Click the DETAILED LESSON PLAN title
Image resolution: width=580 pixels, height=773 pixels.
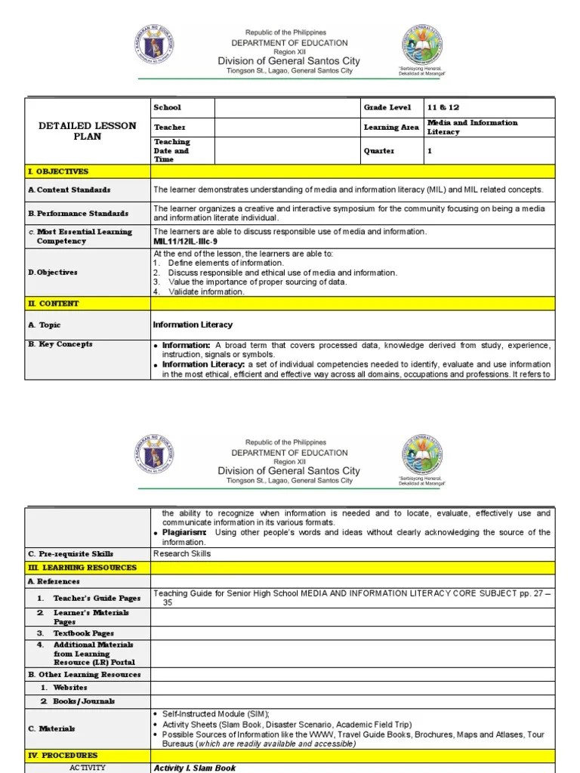[x=87, y=131]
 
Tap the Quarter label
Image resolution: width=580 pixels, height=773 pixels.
[x=379, y=151]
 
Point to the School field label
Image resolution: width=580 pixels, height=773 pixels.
[x=167, y=107]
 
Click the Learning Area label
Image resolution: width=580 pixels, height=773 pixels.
[x=391, y=128]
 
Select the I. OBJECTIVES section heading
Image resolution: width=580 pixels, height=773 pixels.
[x=58, y=171]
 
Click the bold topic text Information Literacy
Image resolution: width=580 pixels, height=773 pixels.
[x=193, y=325]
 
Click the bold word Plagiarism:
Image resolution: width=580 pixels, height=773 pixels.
[x=184, y=532]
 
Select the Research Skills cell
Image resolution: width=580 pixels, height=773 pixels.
[x=182, y=553]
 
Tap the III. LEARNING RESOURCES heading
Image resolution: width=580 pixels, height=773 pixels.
[x=82, y=567]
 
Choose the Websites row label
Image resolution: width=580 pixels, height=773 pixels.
[x=69, y=688]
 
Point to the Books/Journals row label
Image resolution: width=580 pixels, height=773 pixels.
[x=83, y=701]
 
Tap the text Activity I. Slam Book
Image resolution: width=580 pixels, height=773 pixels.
[x=195, y=768]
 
